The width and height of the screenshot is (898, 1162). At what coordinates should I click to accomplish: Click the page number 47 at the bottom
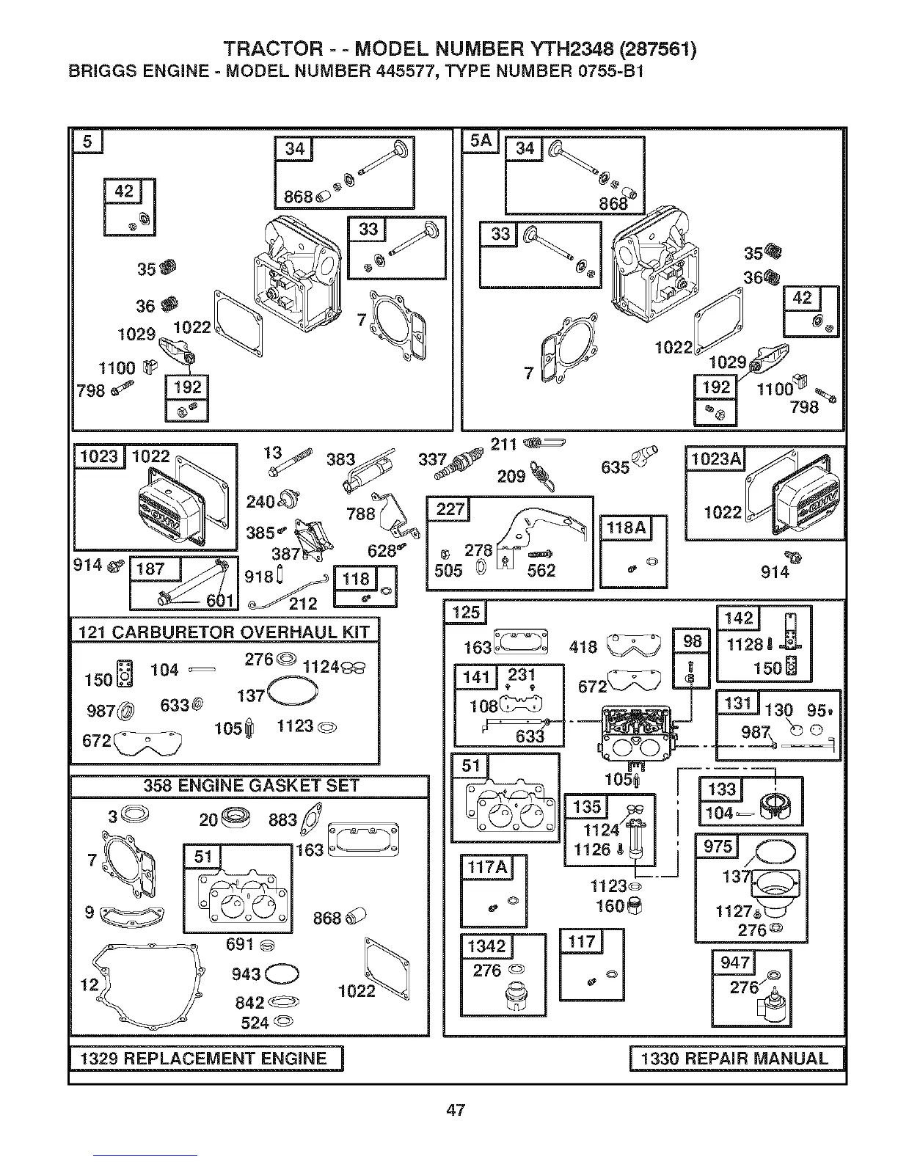point(456,1110)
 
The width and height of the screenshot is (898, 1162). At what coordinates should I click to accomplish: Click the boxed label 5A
point(481,141)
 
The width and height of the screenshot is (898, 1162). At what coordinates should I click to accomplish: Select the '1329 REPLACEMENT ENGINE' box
point(207,1059)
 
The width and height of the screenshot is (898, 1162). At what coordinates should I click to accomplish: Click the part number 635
point(615,467)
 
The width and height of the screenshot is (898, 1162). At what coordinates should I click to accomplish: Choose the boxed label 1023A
point(715,459)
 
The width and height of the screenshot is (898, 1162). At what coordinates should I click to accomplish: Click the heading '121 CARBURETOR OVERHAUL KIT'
point(224,632)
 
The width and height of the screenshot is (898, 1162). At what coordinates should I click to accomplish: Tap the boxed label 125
point(465,611)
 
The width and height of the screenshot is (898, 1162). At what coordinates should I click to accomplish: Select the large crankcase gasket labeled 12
point(147,983)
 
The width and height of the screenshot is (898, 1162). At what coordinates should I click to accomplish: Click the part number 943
point(246,974)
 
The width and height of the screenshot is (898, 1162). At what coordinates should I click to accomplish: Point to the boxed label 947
point(735,962)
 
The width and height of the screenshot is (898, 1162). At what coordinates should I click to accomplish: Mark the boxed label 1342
point(487,946)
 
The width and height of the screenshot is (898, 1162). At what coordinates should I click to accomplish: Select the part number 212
point(302,603)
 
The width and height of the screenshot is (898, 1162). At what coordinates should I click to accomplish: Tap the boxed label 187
point(150,569)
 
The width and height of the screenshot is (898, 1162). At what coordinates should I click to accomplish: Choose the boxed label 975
point(718,847)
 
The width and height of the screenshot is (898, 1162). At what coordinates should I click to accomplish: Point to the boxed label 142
point(738,618)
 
